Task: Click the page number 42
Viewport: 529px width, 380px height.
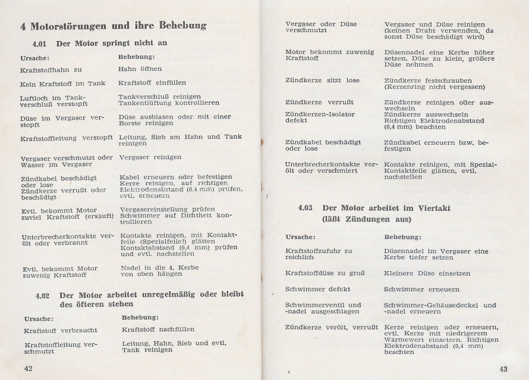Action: tap(27, 368)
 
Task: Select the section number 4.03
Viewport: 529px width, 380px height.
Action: tap(306, 208)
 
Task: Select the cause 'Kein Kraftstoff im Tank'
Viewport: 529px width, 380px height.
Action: tap(62, 83)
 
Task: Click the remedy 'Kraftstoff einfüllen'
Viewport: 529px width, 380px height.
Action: tap(152, 83)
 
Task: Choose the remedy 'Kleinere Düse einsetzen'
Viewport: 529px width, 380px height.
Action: tap(427, 273)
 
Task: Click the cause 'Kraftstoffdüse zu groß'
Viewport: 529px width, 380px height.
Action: tap(325, 273)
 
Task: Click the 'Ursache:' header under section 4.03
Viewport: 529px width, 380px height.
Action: tap(300, 237)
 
